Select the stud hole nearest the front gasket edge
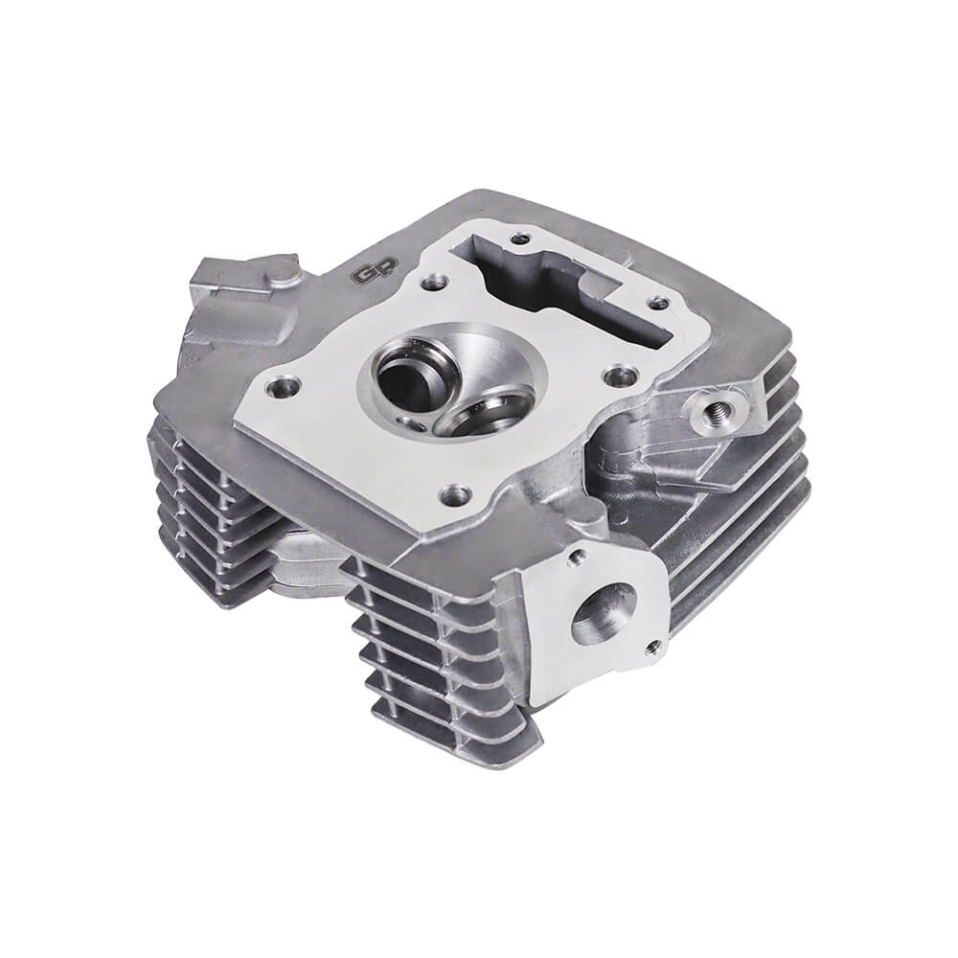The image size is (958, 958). coord(457,494)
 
